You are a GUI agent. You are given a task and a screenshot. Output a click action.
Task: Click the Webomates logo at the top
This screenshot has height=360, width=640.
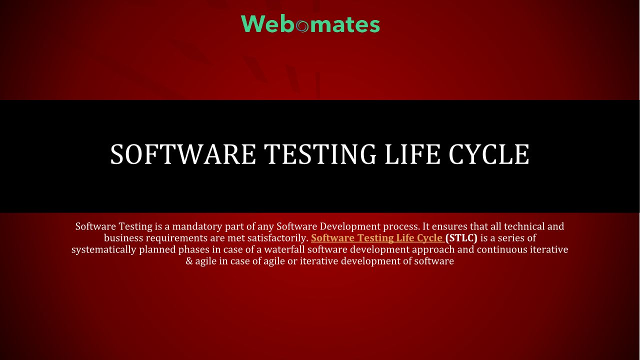tap(310, 24)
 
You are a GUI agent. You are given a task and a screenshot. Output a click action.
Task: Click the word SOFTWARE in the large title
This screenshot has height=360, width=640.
tap(183, 154)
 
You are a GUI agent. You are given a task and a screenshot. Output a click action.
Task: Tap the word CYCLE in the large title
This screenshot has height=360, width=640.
tap(489, 154)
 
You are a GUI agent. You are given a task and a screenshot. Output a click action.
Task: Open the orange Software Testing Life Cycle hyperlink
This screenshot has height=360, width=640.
tap(377, 238)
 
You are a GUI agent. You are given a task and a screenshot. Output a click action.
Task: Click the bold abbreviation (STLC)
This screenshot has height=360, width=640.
tap(461, 238)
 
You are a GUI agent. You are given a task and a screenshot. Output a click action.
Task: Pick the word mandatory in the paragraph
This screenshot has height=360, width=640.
tap(197, 226)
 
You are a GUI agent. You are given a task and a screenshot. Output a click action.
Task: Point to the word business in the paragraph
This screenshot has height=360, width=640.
tap(123, 238)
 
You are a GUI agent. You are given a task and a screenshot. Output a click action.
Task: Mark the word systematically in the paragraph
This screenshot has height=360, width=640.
tap(103, 250)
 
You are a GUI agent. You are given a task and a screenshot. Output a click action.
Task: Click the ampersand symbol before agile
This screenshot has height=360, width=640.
tap(189, 261)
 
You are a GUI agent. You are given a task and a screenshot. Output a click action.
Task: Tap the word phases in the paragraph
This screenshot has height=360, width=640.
tap(193, 250)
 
